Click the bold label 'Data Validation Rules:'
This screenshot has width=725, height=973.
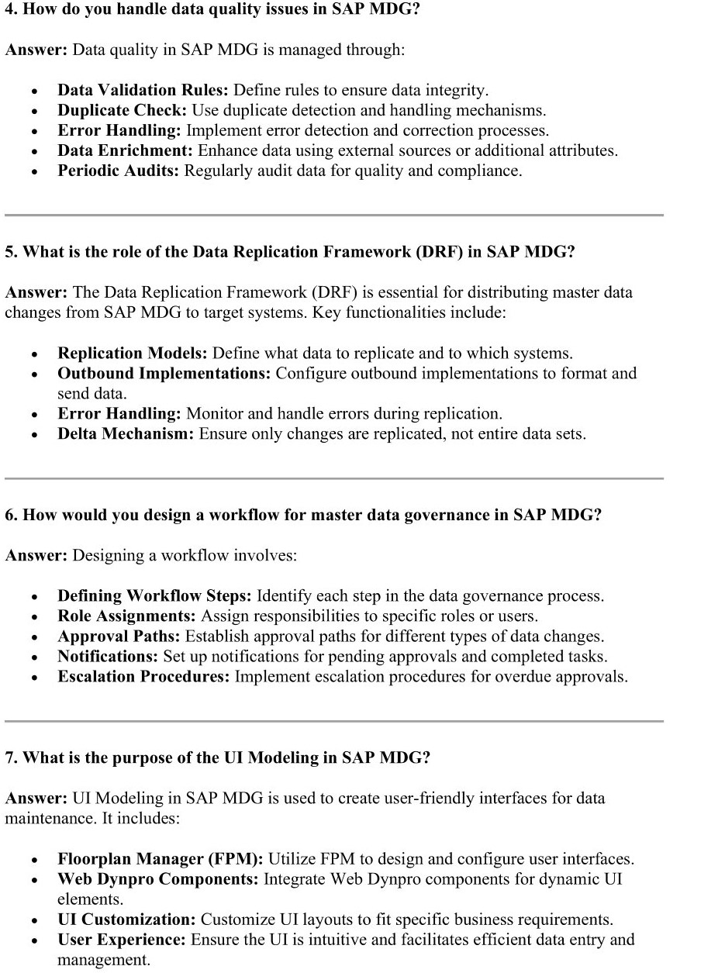pyautogui.click(x=143, y=90)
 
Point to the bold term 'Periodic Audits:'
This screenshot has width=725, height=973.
pyautogui.click(x=119, y=171)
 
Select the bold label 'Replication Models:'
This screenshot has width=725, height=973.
pyautogui.click(x=132, y=354)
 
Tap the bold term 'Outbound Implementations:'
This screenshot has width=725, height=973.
pyautogui.click(x=164, y=374)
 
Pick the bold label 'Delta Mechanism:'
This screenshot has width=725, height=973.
pyautogui.click(x=126, y=434)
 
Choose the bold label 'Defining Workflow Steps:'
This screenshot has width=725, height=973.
pyautogui.click(x=154, y=596)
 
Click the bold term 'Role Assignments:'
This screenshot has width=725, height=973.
pyautogui.click(x=126, y=616)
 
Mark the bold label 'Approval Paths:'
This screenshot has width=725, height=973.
pyautogui.click(x=118, y=637)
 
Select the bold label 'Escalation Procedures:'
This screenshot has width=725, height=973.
pyautogui.click(x=143, y=677)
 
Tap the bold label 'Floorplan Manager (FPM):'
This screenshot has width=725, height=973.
pyautogui.click(x=161, y=859)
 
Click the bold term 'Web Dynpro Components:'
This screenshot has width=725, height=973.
pyautogui.click(x=158, y=879)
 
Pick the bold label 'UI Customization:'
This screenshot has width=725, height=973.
pyautogui.click(x=126, y=920)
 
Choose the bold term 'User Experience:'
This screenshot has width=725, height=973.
pyautogui.click(x=121, y=940)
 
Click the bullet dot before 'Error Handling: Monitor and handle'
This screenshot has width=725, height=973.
pyautogui.click(x=35, y=415)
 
